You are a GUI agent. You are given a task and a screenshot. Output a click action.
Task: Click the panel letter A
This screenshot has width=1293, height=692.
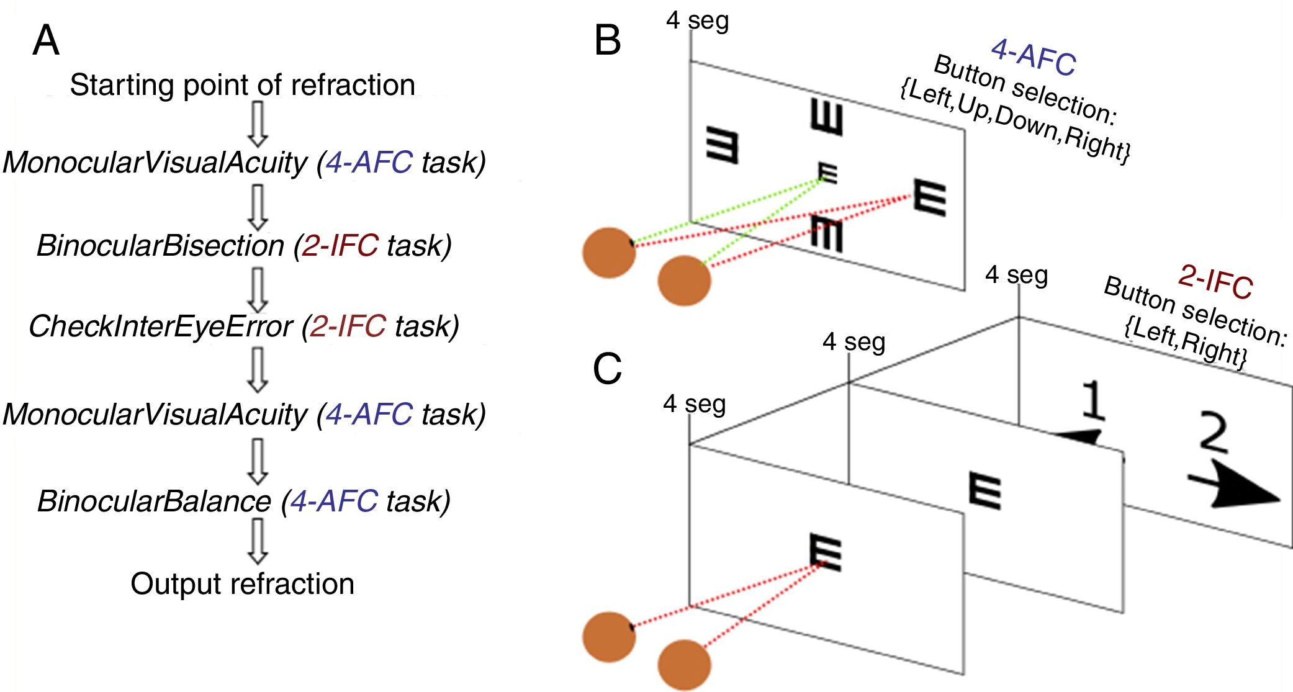45,42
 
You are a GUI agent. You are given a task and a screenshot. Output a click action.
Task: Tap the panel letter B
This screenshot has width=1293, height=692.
607,41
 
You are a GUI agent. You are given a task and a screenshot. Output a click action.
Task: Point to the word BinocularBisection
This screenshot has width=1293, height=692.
160,245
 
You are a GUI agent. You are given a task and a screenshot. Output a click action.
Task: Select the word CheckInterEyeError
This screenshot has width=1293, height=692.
160,326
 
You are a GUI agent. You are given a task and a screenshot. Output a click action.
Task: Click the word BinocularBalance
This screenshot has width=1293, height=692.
154,501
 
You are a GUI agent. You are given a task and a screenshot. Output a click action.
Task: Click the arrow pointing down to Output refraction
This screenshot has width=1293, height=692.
258,540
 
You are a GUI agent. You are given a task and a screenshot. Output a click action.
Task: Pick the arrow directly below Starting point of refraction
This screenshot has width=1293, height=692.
258,123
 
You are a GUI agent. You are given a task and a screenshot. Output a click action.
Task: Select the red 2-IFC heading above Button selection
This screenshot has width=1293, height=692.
1215,282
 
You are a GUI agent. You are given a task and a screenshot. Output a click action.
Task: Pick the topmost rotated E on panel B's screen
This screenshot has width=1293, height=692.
827,118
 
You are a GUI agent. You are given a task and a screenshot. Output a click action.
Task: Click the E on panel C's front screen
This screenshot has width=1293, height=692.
826,552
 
